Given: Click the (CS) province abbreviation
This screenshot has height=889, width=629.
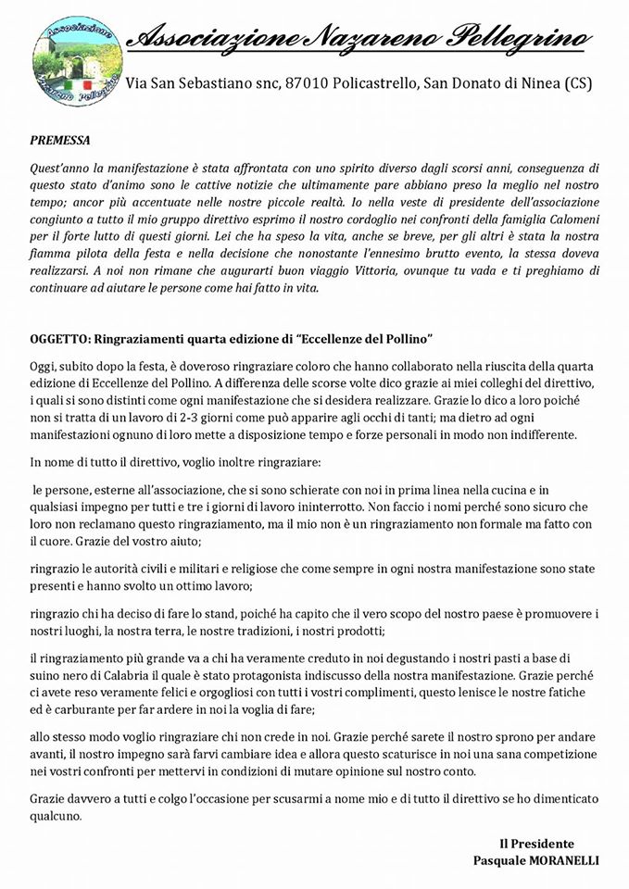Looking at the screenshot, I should coord(573,84).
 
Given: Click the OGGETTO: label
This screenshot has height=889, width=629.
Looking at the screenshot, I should coord(60,336).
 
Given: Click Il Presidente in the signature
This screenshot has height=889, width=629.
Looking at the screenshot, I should coord(536,844).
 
